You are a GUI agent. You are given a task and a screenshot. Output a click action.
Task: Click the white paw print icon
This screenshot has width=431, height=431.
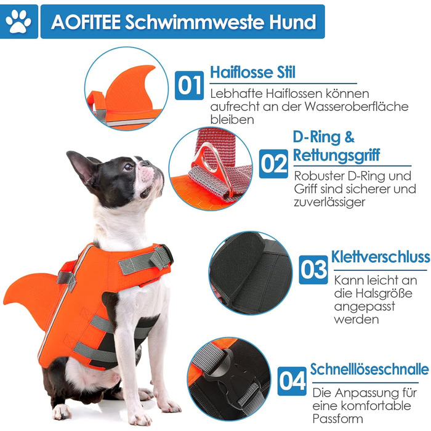click(18, 22)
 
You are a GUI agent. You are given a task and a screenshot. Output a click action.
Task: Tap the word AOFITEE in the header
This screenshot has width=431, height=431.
click(86, 22)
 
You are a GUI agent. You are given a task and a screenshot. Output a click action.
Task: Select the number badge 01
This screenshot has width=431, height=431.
click(189, 86)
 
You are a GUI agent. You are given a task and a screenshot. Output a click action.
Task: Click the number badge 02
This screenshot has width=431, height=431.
click(273, 164)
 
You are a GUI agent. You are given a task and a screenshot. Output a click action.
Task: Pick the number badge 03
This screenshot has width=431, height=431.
click(313, 270)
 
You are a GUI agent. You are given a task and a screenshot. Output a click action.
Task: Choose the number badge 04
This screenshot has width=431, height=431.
click(292, 381)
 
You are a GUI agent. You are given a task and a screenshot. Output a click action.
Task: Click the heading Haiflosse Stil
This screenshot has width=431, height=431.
click(252, 73)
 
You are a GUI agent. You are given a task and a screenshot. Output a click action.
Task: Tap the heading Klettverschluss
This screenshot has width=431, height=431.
click(381, 257)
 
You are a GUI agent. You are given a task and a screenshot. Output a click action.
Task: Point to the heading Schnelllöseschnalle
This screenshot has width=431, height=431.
click(369, 369)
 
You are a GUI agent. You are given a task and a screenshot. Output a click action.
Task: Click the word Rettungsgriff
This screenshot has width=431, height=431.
click(336, 155)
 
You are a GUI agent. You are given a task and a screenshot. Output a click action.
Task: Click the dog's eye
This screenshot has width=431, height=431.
click(128, 167)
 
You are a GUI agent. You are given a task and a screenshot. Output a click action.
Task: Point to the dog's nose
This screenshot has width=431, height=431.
click(145, 163)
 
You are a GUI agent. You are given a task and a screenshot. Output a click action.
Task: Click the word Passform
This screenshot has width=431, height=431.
click(337, 419)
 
